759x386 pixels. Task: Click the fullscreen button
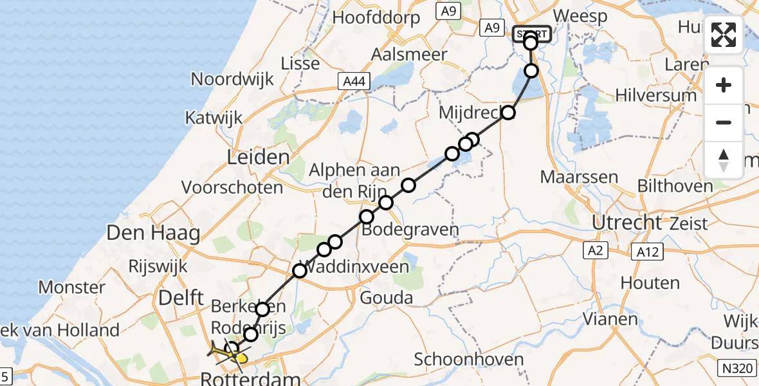point(724,35)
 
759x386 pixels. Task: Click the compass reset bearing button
point(724,160)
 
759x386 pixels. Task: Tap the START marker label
point(531,33)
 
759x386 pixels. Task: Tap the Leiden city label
point(258,158)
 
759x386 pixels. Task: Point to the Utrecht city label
point(627,223)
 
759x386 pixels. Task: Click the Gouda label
point(386,297)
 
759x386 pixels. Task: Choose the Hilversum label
point(655,95)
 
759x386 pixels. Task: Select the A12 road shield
point(645,252)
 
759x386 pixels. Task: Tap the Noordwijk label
point(232,80)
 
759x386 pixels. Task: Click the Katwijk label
point(214,118)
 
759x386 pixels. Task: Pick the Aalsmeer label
point(409,55)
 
